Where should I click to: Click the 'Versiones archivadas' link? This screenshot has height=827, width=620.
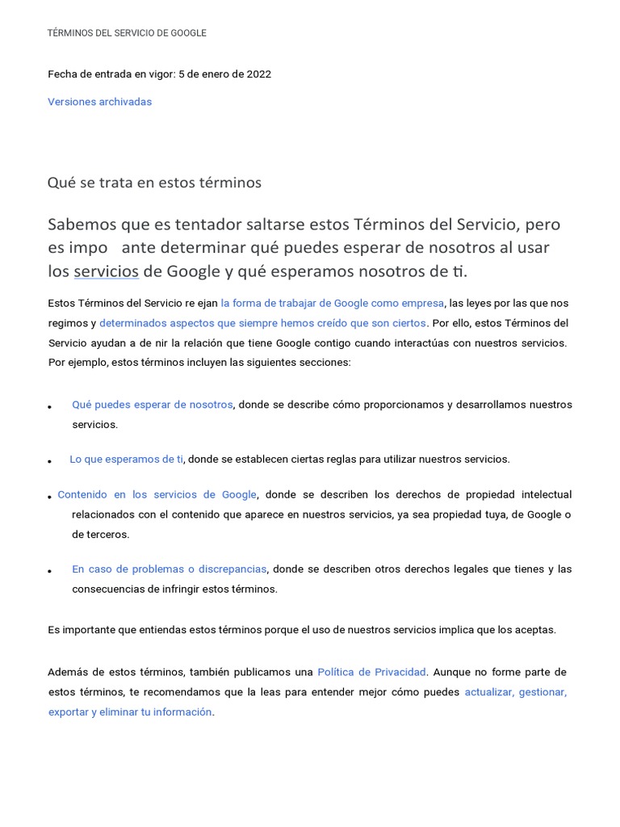point(99,102)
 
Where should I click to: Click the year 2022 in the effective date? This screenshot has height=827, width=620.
point(258,74)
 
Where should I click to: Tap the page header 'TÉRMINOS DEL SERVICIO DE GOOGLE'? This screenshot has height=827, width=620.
point(127,33)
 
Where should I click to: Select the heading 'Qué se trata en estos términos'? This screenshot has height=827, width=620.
point(154,183)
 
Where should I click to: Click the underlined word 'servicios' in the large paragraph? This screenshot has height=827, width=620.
point(106,271)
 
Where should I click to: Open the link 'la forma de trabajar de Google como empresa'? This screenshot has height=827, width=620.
point(333,303)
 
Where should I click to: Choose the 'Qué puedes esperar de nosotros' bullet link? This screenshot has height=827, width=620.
point(152,405)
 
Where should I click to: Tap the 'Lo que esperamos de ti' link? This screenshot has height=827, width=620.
point(127,459)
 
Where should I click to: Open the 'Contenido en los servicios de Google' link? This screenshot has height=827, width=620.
point(157,494)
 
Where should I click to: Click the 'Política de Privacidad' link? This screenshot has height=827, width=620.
point(371,672)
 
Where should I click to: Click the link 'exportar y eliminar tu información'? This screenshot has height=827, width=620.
point(130,712)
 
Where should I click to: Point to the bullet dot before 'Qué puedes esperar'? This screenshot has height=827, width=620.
point(50,407)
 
